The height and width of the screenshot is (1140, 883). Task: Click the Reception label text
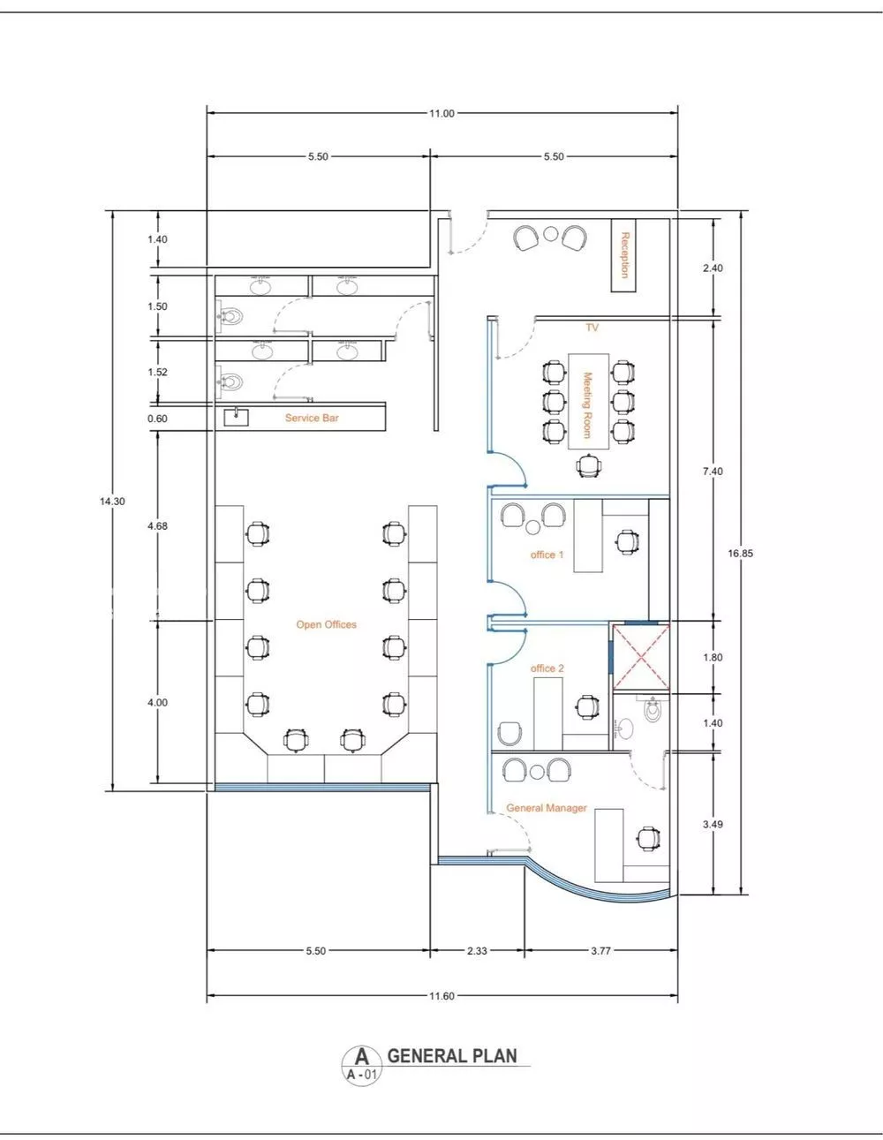coord(624,255)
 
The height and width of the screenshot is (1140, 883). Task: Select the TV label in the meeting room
coord(592,328)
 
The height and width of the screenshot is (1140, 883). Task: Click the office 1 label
coord(547,555)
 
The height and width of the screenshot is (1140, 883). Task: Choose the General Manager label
coord(546,808)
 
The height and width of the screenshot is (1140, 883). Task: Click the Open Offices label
coord(326,624)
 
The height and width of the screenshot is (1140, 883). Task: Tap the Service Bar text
coord(311,418)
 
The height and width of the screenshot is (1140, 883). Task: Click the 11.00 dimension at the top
coord(441,113)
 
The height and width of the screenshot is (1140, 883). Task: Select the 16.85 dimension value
coord(741,554)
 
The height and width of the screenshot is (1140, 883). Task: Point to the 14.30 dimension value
coord(112,501)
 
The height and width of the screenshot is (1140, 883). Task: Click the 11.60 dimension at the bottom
coord(441,996)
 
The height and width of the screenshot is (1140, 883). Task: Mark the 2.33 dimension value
coord(476,951)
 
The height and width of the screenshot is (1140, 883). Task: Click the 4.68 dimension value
coord(158,525)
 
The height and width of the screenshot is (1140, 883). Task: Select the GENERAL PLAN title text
coord(452,1055)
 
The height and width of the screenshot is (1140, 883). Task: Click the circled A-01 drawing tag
coord(360,1065)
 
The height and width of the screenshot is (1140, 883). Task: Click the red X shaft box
coord(641,656)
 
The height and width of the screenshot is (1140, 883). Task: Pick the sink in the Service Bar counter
coord(237,417)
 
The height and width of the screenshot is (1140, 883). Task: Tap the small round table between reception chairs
coord(550,234)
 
